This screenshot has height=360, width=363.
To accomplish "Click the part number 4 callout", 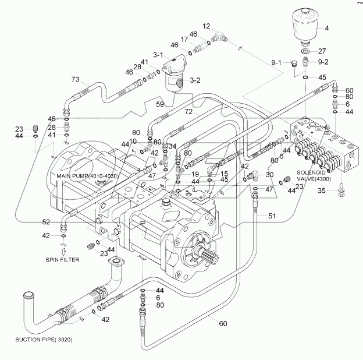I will tap(326, 28).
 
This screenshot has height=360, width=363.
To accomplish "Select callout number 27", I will tap(322, 51).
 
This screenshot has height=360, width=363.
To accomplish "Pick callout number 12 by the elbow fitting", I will tap(207, 27).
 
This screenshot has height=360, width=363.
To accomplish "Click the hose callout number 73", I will tap(75, 80).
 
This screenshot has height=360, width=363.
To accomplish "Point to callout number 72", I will tap(188, 111).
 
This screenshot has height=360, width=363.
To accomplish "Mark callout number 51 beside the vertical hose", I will tap(271, 216).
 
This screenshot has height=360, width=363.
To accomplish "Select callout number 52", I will tap(45, 221).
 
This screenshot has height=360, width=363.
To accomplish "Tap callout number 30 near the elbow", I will tap(269, 175).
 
